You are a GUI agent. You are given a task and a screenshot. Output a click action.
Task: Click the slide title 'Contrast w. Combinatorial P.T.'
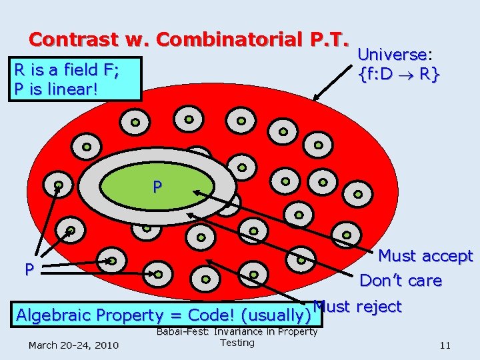(189, 39)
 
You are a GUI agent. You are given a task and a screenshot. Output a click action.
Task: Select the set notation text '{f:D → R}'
(399, 75)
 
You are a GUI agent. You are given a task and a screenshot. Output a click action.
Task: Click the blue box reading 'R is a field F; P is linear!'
(75, 78)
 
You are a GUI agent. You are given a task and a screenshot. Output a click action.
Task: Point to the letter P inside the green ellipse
(157, 187)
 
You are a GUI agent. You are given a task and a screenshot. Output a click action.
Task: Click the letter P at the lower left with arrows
(29, 270)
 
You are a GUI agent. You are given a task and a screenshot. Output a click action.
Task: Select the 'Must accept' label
(425, 256)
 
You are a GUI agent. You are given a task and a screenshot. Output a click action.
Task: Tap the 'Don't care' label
(400, 281)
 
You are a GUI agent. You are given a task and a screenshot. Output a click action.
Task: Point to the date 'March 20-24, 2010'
(73, 345)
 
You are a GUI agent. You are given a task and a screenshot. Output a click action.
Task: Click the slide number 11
(445, 345)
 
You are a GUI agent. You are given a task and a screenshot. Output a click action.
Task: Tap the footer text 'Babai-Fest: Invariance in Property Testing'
(237, 337)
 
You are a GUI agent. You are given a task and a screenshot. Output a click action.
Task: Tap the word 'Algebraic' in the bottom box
(53, 315)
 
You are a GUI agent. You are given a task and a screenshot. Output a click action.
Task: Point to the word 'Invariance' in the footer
(239, 332)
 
